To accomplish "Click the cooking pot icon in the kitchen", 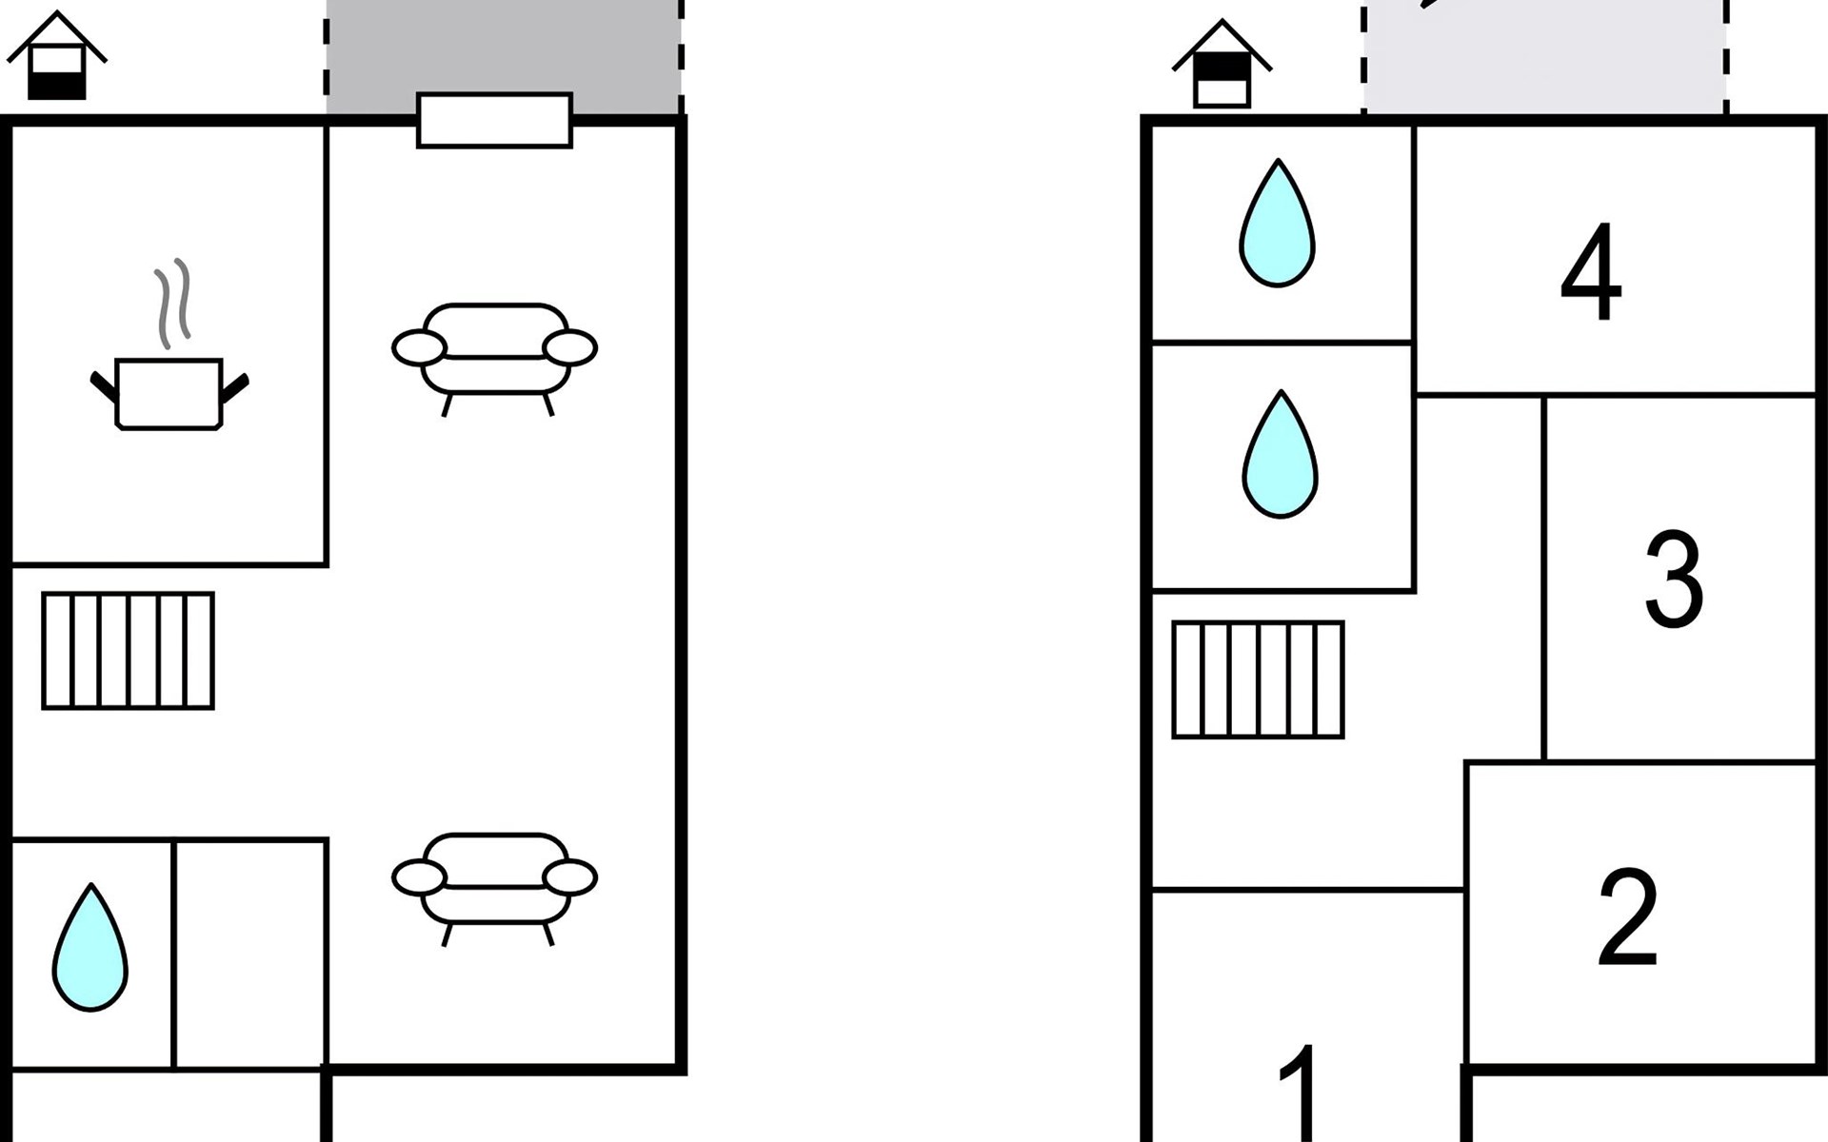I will point(169,393).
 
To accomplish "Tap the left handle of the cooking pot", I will point(104,386).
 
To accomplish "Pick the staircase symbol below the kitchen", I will point(129,651).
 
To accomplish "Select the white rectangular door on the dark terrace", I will point(494,121).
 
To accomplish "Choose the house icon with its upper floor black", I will point(1222,67).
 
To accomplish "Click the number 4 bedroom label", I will point(1591,272).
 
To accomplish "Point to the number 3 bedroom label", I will point(1673,580).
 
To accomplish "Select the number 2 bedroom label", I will point(1627,917).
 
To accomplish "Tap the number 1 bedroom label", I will point(1301,1094).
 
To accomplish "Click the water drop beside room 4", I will point(1278,225).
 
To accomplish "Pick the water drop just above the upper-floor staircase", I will point(1281,456).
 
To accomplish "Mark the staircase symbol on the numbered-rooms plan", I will point(1258,679).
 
